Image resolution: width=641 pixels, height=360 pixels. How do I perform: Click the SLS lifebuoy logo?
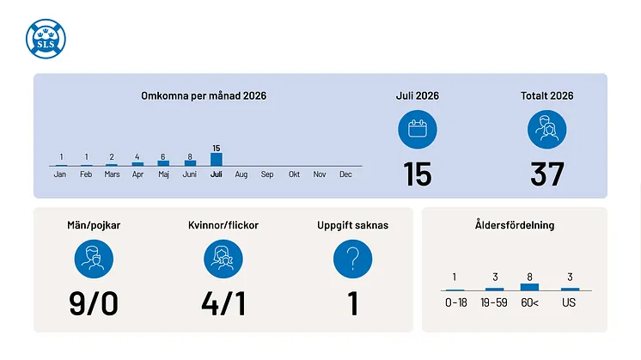[x=46, y=39]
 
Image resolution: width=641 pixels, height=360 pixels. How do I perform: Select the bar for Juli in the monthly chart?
[x=217, y=159]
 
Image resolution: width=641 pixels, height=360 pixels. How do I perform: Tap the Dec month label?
[x=345, y=174]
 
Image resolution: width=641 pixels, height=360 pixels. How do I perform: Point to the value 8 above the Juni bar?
[x=190, y=156]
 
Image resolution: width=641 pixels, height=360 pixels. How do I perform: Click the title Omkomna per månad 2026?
[x=204, y=95]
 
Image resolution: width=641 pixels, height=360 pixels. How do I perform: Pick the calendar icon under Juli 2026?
[x=418, y=130]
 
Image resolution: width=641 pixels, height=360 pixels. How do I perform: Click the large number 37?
[x=547, y=174]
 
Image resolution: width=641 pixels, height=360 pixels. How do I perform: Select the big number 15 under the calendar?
[x=418, y=174]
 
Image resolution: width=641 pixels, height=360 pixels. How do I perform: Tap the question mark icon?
[x=353, y=259]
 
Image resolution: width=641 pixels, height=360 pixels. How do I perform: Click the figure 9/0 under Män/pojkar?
[x=94, y=303]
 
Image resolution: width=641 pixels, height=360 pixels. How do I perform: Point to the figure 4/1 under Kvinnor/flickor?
[x=223, y=303]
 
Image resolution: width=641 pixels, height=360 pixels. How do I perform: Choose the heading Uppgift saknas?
[x=353, y=225]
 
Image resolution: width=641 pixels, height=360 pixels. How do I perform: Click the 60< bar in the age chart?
[x=529, y=287]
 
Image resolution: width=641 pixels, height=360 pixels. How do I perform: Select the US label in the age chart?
[x=569, y=302]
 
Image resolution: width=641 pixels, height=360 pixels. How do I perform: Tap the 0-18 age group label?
[x=455, y=302]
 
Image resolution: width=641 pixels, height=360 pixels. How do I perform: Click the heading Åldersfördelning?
[x=515, y=225]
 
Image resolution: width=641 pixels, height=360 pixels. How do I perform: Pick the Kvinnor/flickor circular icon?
[x=223, y=259]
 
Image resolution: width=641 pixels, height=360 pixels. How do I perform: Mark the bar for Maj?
[x=163, y=163]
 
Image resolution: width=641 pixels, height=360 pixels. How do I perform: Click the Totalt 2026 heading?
[x=547, y=95]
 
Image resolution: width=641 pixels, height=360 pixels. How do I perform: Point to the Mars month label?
[x=112, y=174]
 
